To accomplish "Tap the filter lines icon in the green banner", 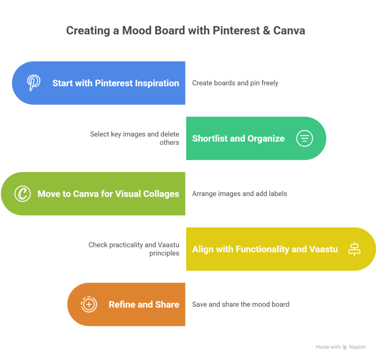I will (x=304, y=139).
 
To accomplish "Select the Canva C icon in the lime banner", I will (x=22, y=194).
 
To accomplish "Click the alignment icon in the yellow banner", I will (x=354, y=249).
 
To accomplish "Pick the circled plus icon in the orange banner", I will (x=89, y=304).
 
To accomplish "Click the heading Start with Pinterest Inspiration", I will (x=116, y=83).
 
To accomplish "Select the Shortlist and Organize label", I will (x=238, y=139).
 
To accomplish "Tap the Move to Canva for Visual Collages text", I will (x=108, y=194).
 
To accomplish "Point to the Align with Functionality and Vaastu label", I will (x=265, y=249).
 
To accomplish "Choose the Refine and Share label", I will (x=144, y=305).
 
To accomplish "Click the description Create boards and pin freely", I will (x=235, y=83).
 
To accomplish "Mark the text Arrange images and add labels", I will (x=239, y=193).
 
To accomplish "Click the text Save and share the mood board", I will (x=240, y=304).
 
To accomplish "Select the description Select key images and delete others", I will (x=135, y=138).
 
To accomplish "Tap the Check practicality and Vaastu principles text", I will (x=134, y=249).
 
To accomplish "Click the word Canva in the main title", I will (x=289, y=30).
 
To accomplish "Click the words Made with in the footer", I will (x=328, y=347).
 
